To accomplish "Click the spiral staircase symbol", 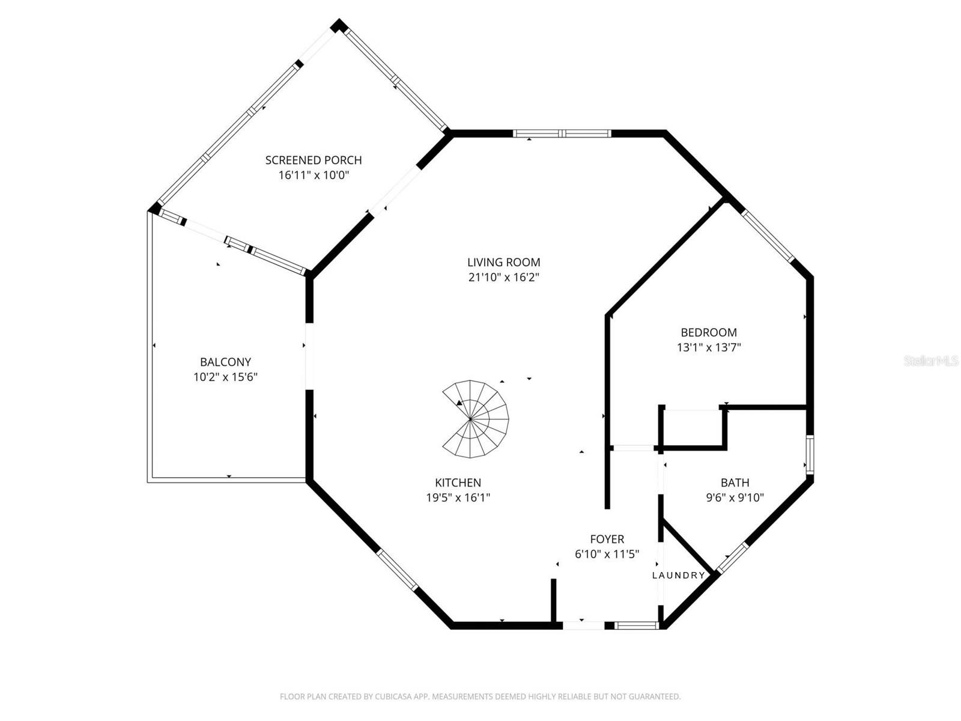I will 476,419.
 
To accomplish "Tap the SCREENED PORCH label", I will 314,160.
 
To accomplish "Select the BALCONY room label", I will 225,362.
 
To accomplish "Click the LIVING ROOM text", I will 503,262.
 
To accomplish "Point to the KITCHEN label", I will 458,482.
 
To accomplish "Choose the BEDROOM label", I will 708,332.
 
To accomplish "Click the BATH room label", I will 735,482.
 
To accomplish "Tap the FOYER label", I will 607,539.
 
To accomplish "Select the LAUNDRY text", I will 679,575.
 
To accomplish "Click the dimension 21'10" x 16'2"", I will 503,278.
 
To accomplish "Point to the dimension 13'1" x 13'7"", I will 708,347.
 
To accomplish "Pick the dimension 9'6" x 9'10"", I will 735,497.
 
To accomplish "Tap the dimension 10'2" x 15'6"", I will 225,377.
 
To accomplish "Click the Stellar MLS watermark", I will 930,361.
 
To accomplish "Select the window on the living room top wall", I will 562,133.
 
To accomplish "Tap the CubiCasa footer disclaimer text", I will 480,697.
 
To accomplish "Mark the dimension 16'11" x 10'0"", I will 314,175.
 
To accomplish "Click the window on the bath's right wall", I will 810,455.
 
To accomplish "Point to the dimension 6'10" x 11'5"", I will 607,554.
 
